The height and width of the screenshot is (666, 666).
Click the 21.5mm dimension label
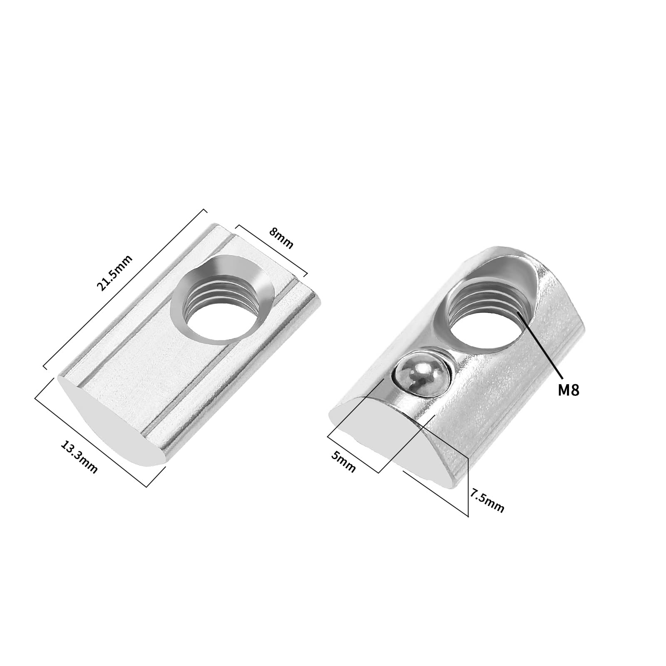(x=114, y=273)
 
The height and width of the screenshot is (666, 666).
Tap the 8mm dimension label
(x=281, y=238)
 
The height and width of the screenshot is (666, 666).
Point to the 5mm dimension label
(x=343, y=461)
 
